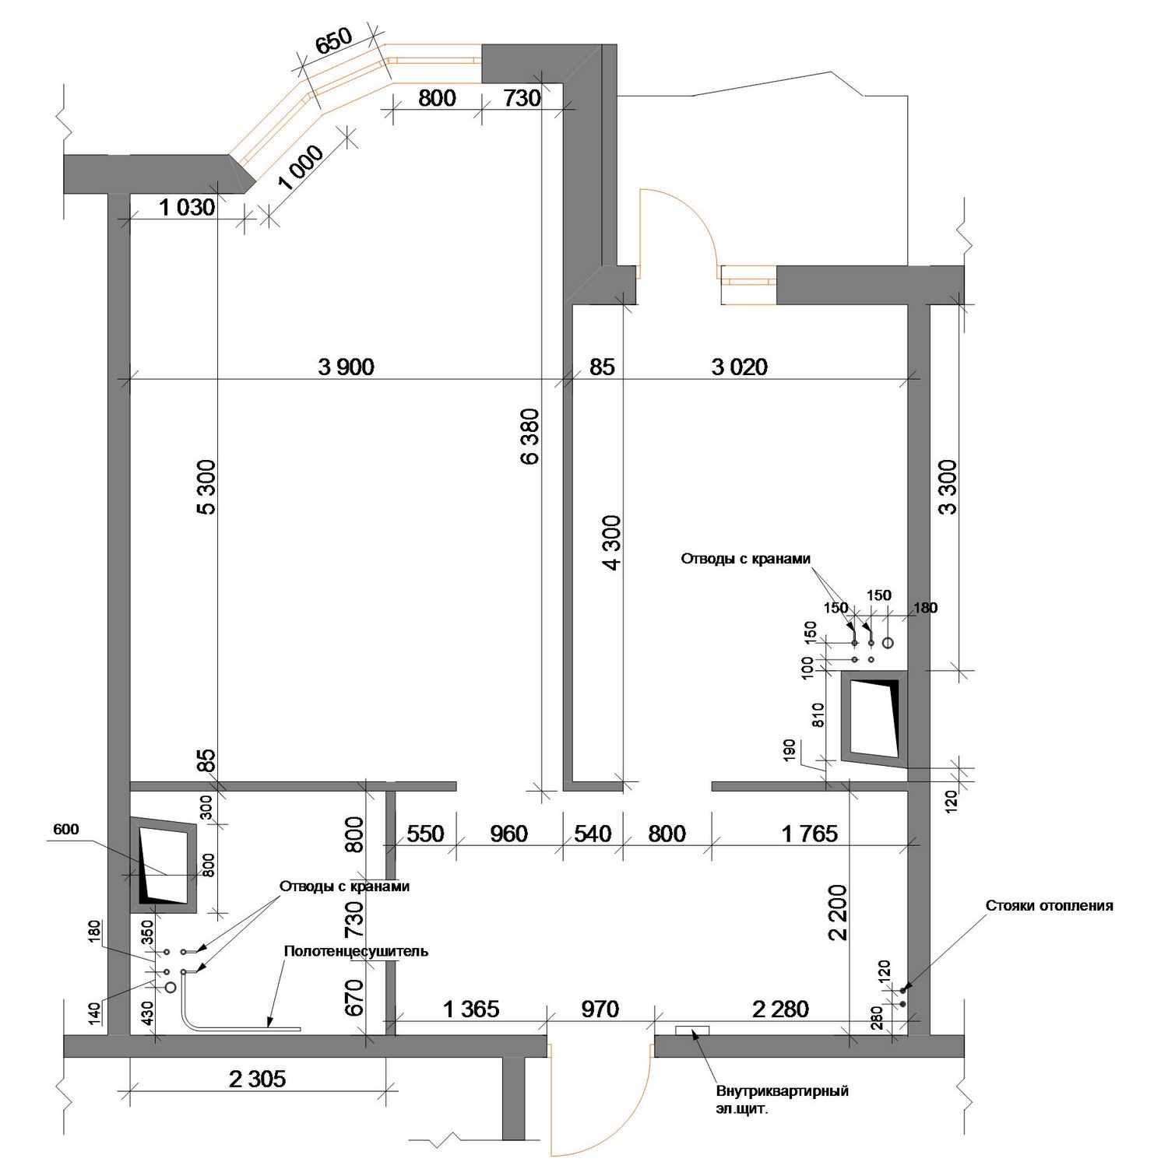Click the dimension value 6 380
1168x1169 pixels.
click(x=529, y=436)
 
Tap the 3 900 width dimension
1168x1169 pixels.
click(x=347, y=367)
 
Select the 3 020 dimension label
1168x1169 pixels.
click(x=740, y=367)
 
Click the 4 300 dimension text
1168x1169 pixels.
click(x=613, y=542)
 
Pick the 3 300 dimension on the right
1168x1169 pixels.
click(x=948, y=488)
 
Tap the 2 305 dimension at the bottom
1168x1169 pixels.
click(x=258, y=1079)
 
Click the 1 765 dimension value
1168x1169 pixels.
click(x=810, y=834)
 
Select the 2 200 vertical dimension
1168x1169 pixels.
click(x=839, y=912)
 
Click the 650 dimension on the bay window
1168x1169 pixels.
click(x=334, y=41)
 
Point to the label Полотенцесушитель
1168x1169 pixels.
click(x=356, y=952)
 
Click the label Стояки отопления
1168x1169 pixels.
click(x=1050, y=906)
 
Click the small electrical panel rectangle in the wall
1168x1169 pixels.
click(x=692, y=1030)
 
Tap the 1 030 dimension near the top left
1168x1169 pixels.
click(x=187, y=208)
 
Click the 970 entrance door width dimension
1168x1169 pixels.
click(x=600, y=1009)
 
